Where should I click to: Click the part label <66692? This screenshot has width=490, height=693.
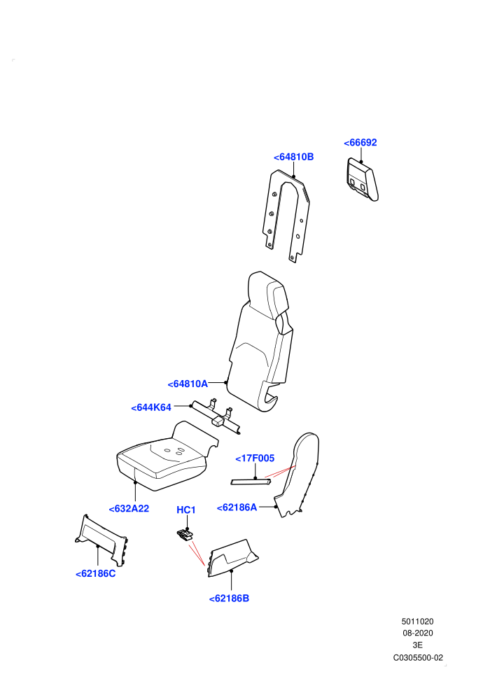(x=360, y=143)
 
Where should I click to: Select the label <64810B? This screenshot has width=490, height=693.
(x=293, y=157)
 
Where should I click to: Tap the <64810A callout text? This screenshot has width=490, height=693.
(x=188, y=384)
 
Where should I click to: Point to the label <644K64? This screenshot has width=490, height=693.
(x=151, y=407)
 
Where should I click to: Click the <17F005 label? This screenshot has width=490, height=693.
(x=255, y=458)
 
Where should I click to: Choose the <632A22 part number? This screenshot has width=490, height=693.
(x=129, y=509)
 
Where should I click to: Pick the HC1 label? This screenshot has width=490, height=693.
(x=186, y=510)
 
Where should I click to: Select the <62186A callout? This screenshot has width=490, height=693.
(x=237, y=507)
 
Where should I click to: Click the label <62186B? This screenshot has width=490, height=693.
(x=229, y=598)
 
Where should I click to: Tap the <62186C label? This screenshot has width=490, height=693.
(x=95, y=574)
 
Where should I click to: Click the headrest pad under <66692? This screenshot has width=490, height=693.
(x=363, y=179)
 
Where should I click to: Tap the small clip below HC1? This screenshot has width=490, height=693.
(x=185, y=535)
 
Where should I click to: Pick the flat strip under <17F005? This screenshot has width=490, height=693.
(x=251, y=482)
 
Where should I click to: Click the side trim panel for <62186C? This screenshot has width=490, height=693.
(x=101, y=539)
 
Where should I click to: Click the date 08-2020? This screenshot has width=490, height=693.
(x=417, y=633)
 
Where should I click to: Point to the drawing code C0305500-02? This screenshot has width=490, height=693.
(x=418, y=658)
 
